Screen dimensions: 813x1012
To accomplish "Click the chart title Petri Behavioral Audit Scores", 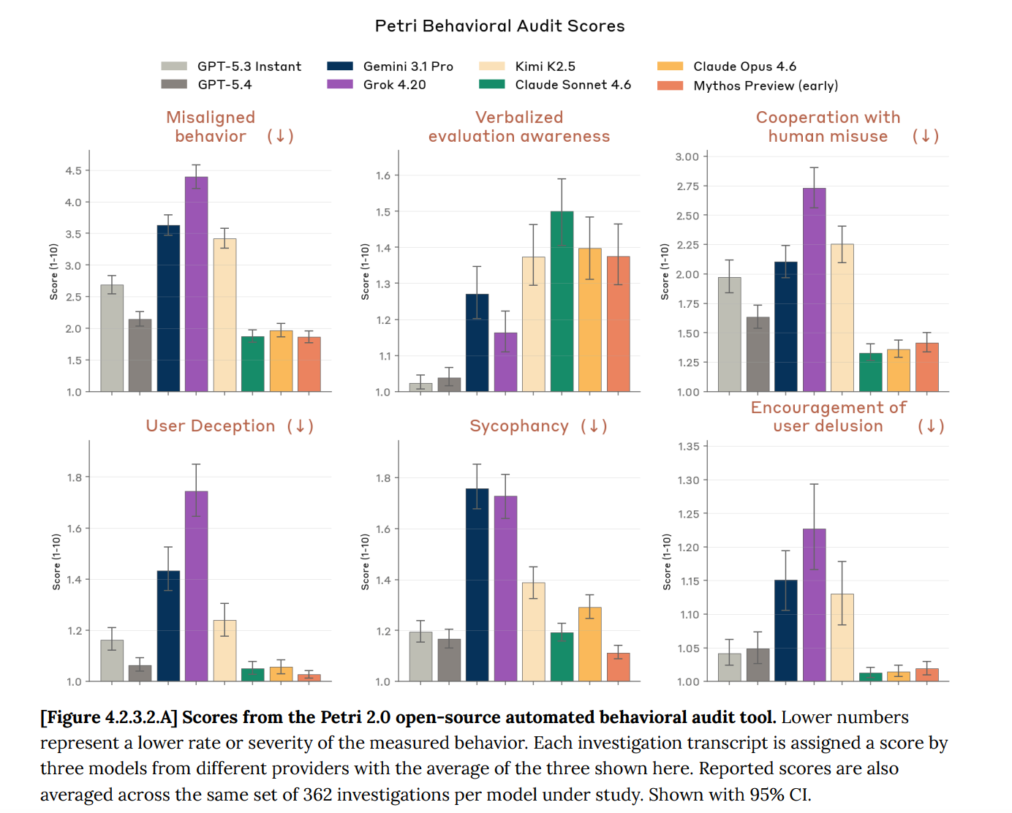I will coord(499,26).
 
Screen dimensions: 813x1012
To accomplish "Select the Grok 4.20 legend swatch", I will coord(340,84).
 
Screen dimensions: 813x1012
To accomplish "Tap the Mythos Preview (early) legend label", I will coord(766,86).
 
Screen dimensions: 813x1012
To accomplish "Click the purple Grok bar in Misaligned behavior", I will coord(196,284).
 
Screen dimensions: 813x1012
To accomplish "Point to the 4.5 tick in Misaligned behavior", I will coord(73,171).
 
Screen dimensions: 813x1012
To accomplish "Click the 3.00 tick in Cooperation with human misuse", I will coord(687,157).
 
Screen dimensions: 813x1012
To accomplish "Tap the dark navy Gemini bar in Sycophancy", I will coord(477,585).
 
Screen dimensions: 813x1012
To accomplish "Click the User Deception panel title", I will coord(211,426).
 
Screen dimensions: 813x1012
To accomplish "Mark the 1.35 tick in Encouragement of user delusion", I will coord(688,447).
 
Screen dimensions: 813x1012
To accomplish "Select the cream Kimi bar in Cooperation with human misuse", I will coord(842,318).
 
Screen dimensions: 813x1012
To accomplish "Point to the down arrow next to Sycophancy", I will coord(594,426).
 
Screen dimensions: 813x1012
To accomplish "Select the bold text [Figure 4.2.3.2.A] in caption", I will coord(109,717).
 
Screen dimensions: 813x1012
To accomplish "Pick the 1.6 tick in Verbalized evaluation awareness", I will coord(383,175).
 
